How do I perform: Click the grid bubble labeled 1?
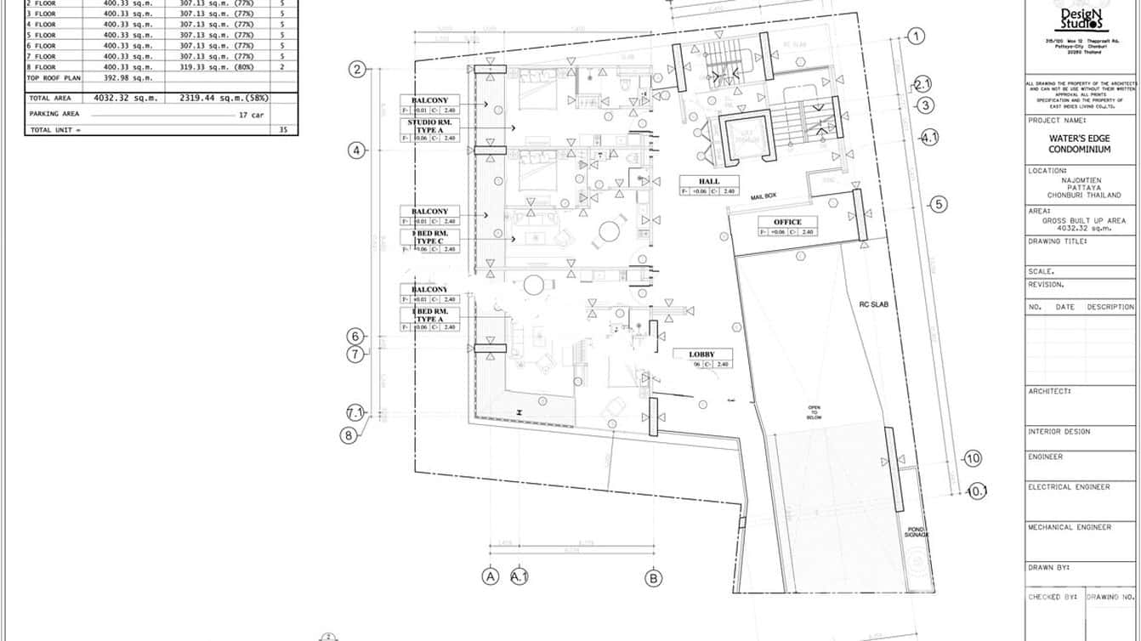pyautogui.click(x=916, y=36)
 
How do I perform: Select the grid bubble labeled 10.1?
pyautogui.click(x=978, y=491)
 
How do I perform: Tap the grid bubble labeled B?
pyautogui.click(x=653, y=578)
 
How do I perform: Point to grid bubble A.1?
pyautogui.click(x=519, y=576)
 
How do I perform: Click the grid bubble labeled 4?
pyautogui.click(x=356, y=150)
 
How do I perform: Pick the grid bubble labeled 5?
pyautogui.click(x=938, y=204)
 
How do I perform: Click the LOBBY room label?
pyautogui.click(x=702, y=355)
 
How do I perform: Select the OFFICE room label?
pyautogui.click(x=787, y=222)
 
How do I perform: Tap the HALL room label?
pyautogui.click(x=709, y=181)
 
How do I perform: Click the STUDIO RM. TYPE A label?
pyautogui.click(x=430, y=126)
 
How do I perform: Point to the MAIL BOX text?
pyautogui.click(x=764, y=196)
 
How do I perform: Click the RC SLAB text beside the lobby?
pyautogui.click(x=872, y=303)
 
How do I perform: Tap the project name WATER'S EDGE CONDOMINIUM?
pyautogui.click(x=1080, y=144)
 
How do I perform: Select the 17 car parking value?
pyautogui.click(x=250, y=114)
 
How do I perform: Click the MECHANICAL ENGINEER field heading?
pyautogui.click(x=1070, y=527)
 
